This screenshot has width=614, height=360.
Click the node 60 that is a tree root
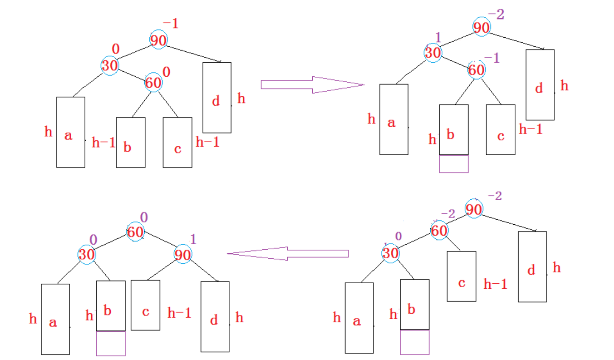135,232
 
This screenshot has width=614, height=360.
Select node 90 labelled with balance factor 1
183,254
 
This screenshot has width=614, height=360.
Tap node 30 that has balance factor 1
433,53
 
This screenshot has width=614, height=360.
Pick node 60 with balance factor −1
476,70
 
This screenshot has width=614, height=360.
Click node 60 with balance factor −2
439,231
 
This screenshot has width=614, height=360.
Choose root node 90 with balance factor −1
158,40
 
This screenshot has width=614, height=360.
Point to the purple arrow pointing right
312,85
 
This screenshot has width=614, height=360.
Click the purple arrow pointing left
288,254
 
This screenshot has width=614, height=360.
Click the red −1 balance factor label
171,24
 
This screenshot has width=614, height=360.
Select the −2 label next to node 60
448,214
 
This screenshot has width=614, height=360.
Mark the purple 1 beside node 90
193,239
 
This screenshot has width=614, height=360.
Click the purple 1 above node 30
438,37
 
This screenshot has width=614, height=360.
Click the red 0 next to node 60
166,72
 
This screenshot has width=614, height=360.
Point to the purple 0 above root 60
144,217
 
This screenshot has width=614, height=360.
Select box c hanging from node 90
146,305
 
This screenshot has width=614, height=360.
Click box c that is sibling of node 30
461,276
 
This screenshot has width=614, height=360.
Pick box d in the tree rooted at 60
215,316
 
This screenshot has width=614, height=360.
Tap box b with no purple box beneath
131,142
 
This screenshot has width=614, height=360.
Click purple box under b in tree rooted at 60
111,343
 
